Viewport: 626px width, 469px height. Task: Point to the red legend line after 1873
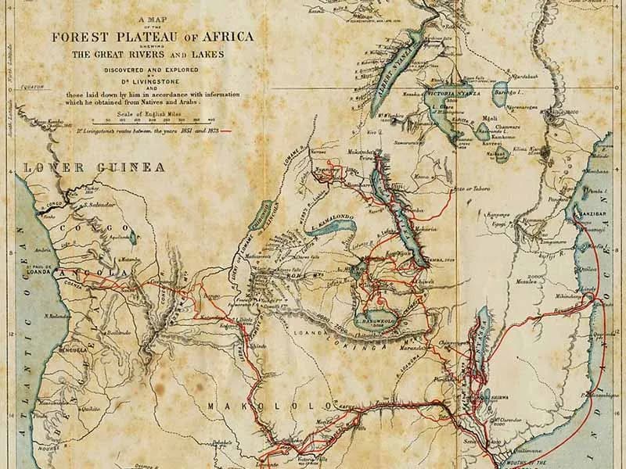click(x=228, y=131)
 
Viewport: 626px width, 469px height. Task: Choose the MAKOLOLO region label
click(x=250, y=405)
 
